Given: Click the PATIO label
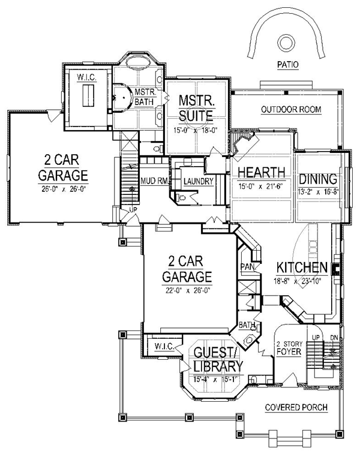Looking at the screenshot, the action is point(288,65).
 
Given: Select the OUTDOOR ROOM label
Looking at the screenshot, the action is point(291,110).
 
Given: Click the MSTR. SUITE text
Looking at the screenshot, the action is point(197,108).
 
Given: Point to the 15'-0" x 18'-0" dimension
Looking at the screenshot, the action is point(195,130).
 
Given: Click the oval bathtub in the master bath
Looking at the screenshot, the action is point(137,62).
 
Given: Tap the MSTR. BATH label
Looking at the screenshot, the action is point(146,97).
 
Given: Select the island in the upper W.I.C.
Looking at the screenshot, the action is point(88,95).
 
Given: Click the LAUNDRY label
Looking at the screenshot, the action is point(198,182).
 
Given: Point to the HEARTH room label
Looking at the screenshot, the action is point(261,172).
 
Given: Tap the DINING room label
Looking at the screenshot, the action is point(318,179).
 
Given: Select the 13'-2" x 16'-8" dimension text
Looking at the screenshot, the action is point(318,192).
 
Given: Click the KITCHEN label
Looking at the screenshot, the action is point(302,267).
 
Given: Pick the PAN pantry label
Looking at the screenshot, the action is point(247,267).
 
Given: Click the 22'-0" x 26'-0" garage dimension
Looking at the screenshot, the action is point(187,290).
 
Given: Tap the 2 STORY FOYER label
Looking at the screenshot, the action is point(289,348).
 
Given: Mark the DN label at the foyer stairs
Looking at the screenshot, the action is point(334,338).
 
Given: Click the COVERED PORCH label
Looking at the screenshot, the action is point(296,407).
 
